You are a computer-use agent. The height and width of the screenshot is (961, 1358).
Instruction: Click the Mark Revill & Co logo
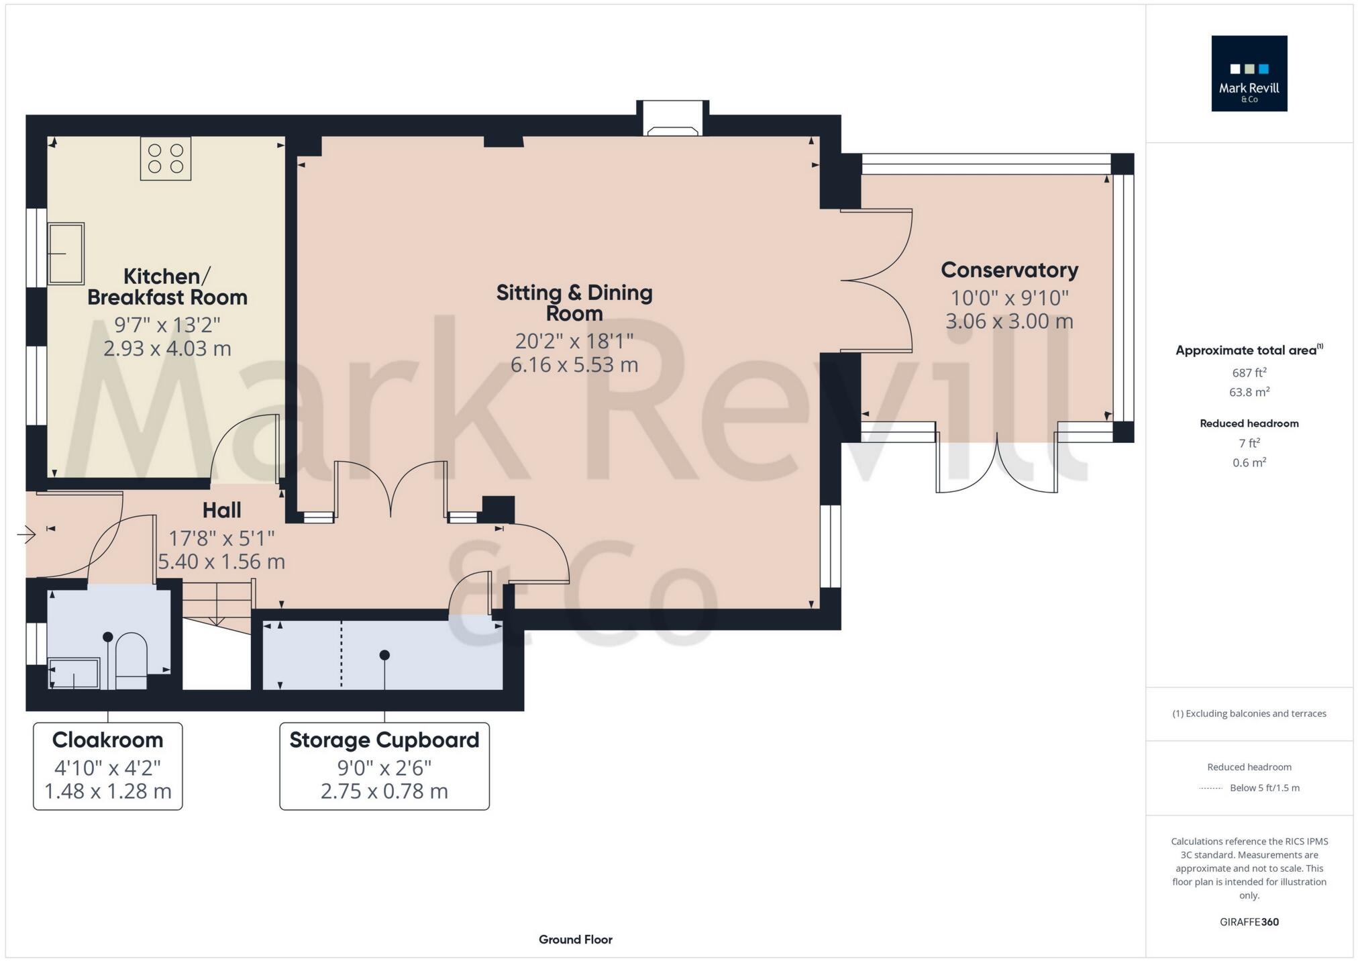click(x=1249, y=73)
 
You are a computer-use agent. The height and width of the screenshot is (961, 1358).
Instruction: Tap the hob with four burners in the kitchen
click(x=166, y=159)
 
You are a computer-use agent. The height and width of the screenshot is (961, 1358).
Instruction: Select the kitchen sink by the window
click(x=66, y=254)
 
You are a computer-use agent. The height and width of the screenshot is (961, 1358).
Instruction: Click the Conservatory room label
click(x=1009, y=270)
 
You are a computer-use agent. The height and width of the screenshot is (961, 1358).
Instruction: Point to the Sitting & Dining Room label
click(x=574, y=303)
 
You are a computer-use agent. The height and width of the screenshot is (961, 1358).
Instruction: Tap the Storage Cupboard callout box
click(x=384, y=766)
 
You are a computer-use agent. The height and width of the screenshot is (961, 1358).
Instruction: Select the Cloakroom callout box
click(x=108, y=766)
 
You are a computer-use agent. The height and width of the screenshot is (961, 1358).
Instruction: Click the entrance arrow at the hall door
click(x=27, y=535)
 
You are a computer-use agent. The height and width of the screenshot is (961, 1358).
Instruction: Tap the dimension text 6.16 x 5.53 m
click(x=574, y=365)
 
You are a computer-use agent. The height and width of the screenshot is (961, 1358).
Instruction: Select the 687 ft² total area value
click(x=1249, y=372)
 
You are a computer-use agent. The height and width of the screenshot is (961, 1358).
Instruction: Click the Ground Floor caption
click(x=575, y=940)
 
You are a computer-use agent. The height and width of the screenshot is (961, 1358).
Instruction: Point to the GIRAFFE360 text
click(x=1249, y=922)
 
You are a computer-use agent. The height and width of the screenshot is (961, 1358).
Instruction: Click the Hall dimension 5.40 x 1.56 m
click(x=221, y=561)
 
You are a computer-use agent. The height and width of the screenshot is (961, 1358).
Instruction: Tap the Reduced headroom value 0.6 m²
click(x=1249, y=462)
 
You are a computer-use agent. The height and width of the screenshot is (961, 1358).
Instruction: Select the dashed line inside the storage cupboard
click(x=342, y=654)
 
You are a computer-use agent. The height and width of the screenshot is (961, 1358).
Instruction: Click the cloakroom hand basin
click(x=74, y=673)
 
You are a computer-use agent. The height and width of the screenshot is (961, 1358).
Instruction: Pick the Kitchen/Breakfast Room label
click(x=167, y=287)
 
